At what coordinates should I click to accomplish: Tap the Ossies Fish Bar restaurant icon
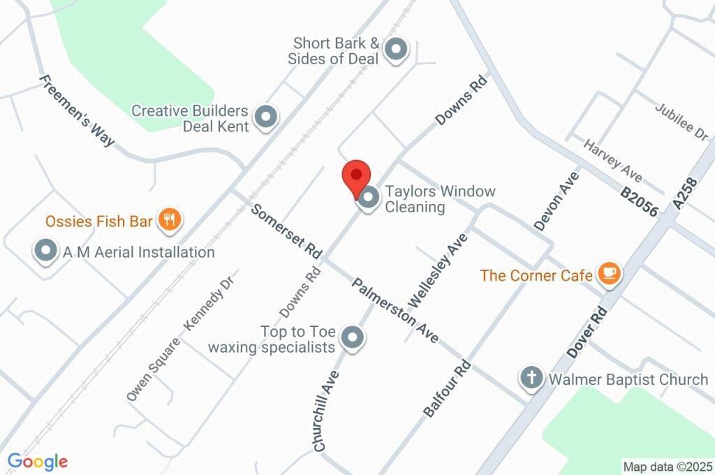tap(169, 221)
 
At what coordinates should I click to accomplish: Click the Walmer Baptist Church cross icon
tap(531, 379)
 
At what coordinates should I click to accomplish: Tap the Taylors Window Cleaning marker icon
tap(369, 198)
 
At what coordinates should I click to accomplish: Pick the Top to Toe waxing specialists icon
tap(353, 338)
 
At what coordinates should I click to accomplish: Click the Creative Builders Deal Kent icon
tap(265, 118)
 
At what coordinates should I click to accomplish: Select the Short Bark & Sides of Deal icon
tap(396, 50)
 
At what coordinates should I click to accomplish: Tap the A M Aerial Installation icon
tap(46, 251)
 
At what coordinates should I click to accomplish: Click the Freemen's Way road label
tap(77, 110)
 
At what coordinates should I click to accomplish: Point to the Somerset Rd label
tap(287, 229)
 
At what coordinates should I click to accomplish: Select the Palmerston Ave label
tap(395, 310)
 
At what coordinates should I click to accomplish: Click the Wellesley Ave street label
tap(438, 271)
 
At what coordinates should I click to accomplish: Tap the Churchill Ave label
tap(327, 410)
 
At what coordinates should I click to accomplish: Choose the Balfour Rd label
tap(448, 389)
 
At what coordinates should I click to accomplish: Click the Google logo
tap(38, 461)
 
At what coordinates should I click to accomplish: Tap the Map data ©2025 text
tap(668, 467)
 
